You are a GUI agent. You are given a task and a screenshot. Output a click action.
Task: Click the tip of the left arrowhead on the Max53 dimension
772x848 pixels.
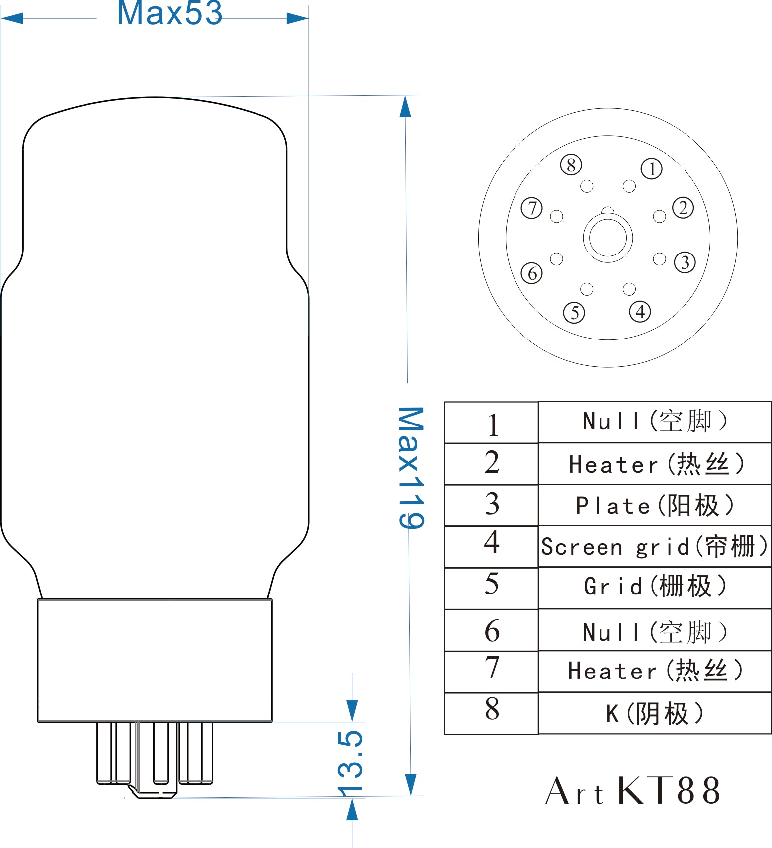tap(2, 19)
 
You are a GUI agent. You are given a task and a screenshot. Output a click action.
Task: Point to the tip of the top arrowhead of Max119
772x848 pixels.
tap(406, 96)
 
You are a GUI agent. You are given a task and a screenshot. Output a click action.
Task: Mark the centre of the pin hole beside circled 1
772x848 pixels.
tap(629, 186)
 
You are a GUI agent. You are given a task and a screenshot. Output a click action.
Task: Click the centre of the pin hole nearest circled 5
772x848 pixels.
tap(587, 289)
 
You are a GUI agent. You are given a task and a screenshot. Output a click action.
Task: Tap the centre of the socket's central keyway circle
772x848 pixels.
tap(608, 238)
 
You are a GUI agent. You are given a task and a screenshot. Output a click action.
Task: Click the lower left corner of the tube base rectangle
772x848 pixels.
tap(38, 721)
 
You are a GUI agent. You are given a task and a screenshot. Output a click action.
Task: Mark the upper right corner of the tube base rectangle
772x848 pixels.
tap(272, 599)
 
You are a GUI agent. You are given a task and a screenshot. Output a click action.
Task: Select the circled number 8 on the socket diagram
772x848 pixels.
tap(571, 165)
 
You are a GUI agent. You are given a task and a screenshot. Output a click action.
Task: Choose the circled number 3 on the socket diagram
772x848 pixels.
tap(685, 262)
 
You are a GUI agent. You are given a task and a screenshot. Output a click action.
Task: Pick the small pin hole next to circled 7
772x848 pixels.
tap(557, 216)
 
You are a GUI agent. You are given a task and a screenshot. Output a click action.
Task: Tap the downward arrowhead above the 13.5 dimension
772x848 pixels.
tap(352, 711)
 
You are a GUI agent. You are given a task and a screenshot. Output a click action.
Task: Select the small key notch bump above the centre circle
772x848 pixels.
tap(608, 210)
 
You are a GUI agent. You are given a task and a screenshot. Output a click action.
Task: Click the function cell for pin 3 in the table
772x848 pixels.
tap(655, 505)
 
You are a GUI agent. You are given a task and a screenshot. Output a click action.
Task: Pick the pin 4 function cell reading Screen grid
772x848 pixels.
tap(655, 546)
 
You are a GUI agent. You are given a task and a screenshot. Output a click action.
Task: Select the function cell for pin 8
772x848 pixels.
tap(655, 713)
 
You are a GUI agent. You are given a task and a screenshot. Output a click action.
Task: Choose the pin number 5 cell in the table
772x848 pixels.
tap(492, 588)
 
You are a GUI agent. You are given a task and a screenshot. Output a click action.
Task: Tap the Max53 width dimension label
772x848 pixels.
tap(170, 13)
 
